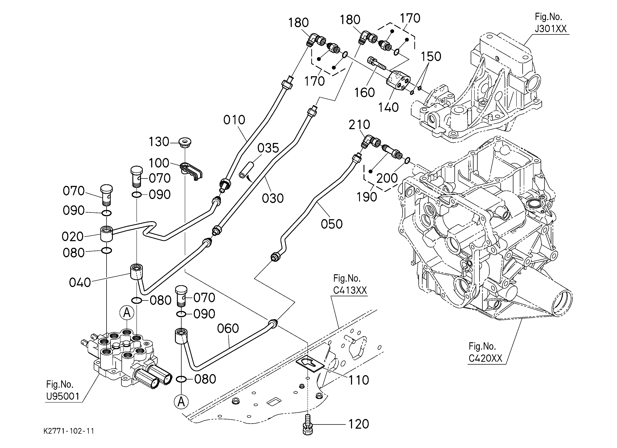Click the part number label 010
pyautogui.click(x=234, y=120)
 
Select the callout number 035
pyautogui.click(x=268, y=148)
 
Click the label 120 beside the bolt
pyautogui.click(x=359, y=424)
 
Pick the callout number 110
pyautogui.click(x=359, y=380)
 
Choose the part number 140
pyautogui.click(x=389, y=108)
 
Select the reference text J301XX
pyautogui.click(x=551, y=29)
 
